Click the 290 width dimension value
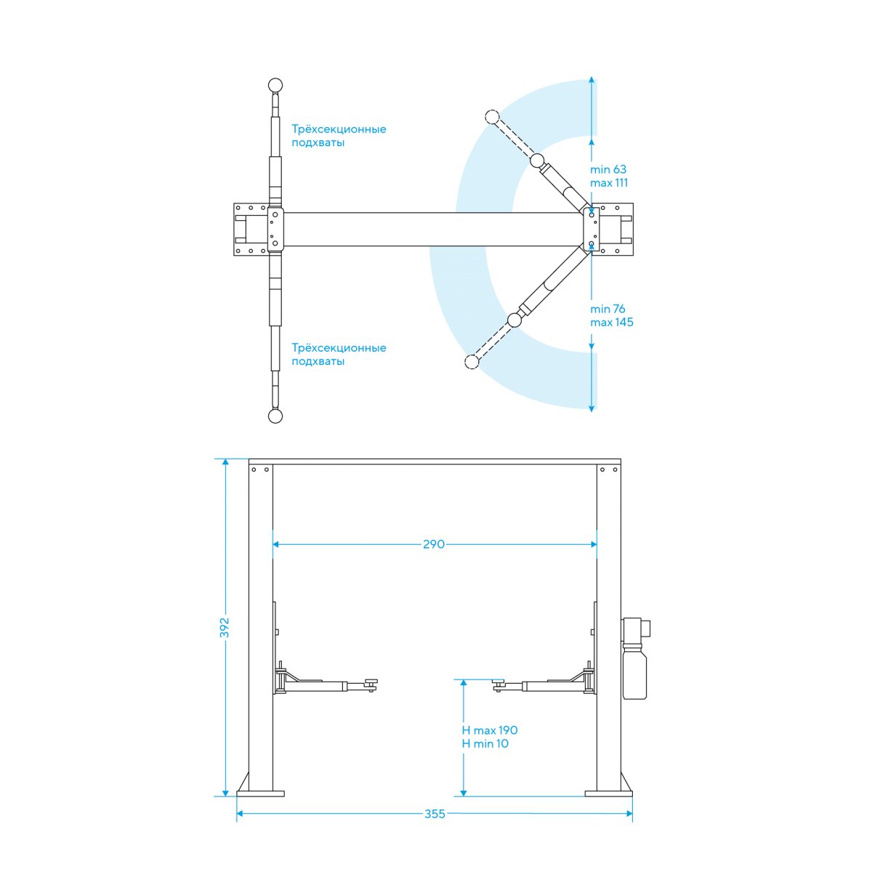(434, 544)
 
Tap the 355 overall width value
(435, 814)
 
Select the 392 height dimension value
(225, 628)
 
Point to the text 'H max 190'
(490, 730)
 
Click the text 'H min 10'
(485, 743)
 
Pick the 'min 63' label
(607, 169)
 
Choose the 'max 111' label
(609, 183)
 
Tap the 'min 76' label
(607, 309)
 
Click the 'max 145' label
(611, 322)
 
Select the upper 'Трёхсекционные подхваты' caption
(339, 136)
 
